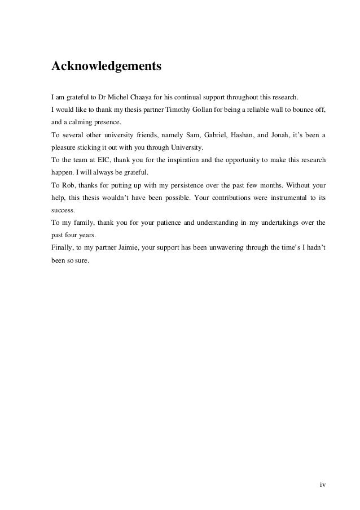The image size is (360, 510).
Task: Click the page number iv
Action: click(322, 484)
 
